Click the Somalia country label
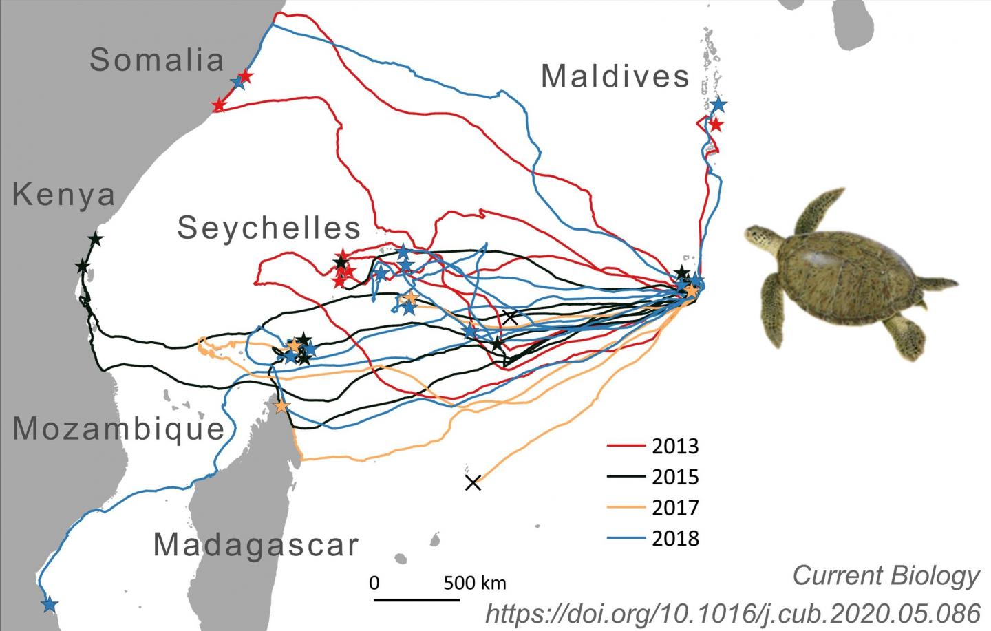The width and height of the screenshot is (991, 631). pyautogui.click(x=157, y=61)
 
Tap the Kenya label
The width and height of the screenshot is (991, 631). pyautogui.click(x=64, y=195)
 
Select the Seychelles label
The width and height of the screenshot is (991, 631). pyautogui.click(x=269, y=228)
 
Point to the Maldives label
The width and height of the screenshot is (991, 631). pyautogui.click(x=615, y=76)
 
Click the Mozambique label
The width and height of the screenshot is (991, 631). pyautogui.click(x=119, y=429)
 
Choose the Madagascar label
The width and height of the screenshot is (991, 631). pyautogui.click(x=256, y=545)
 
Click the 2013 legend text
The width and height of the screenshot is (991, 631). pyautogui.click(x=674, y=447)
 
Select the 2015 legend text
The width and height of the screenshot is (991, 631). pyautogui.click(x=674, y=477)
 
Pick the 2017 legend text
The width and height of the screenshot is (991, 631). pyautogui.click(x=674, y=508)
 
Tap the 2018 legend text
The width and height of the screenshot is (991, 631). pyautogui.click(x=674, y=538)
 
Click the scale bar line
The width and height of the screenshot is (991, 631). pyautogui.click(x=417, y=600)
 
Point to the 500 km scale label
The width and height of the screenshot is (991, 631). pyautogui.click(x=474, y=584)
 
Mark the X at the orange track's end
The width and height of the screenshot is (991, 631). pyautogui.click(x=473, y=483)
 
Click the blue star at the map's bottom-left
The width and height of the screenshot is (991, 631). pyautogui.click(x=49, y=605)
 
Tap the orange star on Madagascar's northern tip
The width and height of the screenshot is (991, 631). pyautogui.click(x=281, y=407)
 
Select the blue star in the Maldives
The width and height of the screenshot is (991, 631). pyautogui.click(x=718, y=105)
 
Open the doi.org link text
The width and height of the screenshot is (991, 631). pyautogui.click(x=732, y=612)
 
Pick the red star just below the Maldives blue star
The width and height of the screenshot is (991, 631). pyautogui.click(x=716, y=125)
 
